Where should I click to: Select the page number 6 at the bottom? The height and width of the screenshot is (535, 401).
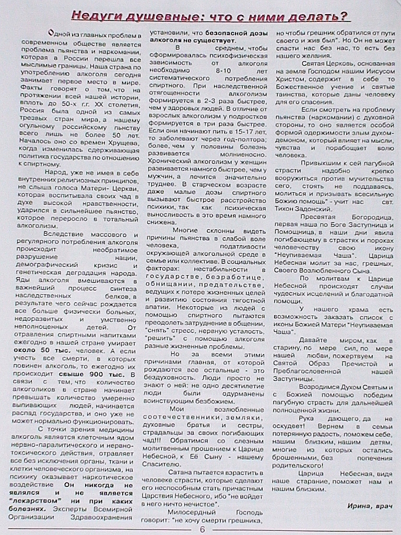tap(201, 529)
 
